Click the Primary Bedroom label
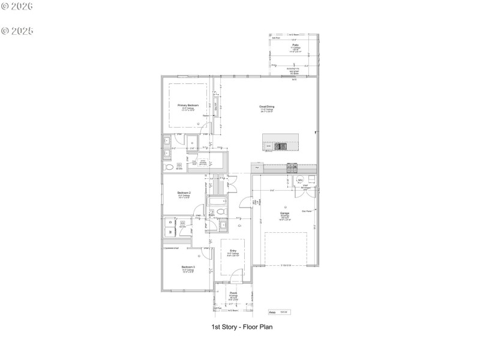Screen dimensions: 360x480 (188, 105)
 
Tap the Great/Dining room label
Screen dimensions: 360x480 (267, 107)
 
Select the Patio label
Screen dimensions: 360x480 (295, 45)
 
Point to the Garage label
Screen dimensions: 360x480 (284, 213)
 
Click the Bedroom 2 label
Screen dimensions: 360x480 (184, 193)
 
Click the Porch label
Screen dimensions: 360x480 (233, 293)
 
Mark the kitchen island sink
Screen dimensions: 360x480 (280, 145)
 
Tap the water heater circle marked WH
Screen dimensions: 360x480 (300, 180)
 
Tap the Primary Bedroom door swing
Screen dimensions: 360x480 (206, 127)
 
